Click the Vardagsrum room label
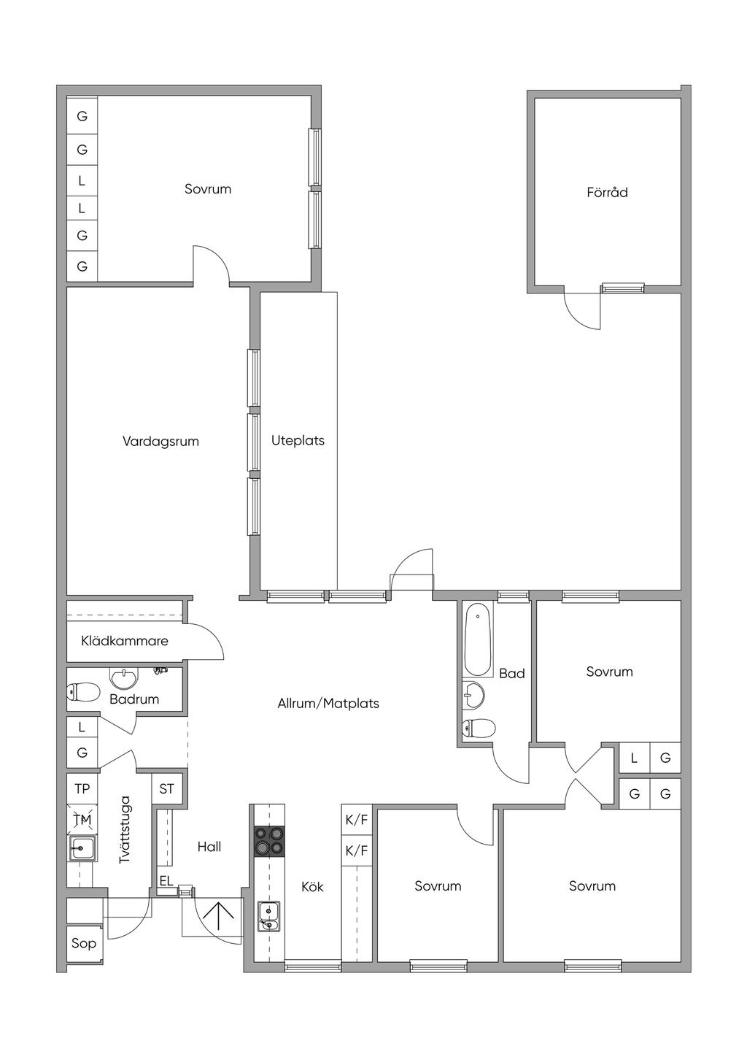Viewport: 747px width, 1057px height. coord(160,442)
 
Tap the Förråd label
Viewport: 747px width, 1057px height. coord(608,192)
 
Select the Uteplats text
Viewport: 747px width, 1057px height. coord(298,441)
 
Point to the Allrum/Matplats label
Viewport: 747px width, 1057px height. coord(328,704)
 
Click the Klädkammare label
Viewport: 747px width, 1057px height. coord(125,641)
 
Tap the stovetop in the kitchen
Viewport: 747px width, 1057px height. coord(270,842)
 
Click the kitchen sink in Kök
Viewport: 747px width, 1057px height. coord(268,917)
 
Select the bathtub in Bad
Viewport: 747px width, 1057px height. coord(479,640)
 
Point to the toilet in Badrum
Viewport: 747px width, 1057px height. coord(83,692)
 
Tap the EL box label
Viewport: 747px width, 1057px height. coord(166,880)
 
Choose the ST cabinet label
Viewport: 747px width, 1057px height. coord(166,788)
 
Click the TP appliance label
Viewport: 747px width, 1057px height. coord(82,788)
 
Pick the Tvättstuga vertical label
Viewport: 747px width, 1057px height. coord(125,830)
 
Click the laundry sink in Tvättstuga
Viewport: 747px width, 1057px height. coord(82,848)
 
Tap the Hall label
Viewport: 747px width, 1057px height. coord(209,847)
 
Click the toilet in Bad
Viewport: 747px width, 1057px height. coord(479,728)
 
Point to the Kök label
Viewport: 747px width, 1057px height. coord(313,887)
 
